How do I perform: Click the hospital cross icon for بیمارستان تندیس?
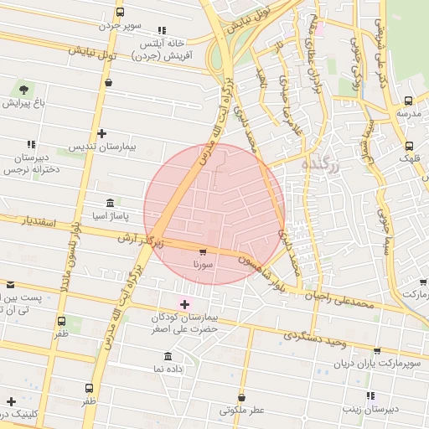tap(101, 133)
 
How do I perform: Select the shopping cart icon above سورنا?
tap(203, 251)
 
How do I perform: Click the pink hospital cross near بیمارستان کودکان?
tap(185, 303)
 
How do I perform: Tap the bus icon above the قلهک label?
tap(409, 143)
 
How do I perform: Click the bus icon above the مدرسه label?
tap(408, 98)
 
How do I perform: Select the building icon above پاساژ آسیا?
tap(111, 204)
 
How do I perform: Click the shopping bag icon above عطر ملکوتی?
tap(241, 396)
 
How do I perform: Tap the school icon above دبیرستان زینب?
tap(370, 395)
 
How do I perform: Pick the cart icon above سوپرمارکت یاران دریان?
tap(377, 351)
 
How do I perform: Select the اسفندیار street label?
tap(37, 222)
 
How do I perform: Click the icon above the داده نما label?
tap(169, 355)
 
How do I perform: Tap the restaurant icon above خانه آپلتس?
tap(162, 29)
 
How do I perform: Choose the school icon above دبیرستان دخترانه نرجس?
tap(32, 145)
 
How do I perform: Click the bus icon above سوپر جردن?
tap(120, 13)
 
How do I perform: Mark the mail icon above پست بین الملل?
tap(10, 285)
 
